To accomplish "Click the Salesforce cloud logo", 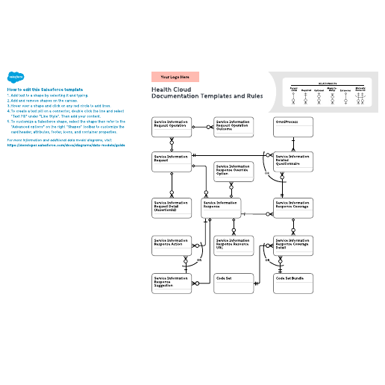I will pos(15,76).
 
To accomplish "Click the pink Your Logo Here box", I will pos(175,77).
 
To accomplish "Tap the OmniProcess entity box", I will pos(292,128).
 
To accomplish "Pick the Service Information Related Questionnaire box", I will pos(292,163).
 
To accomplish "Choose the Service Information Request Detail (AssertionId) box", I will pos(171,208).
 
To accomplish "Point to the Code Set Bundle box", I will pos(292,283).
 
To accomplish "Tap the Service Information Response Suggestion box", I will pos(171,283).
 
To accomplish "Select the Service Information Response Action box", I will pos(171,245).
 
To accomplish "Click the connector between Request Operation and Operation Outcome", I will pos(202,128).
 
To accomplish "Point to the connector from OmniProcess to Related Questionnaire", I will pos(292,145).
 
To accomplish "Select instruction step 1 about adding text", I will pos(44,96).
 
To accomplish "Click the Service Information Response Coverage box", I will pos(292,208).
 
